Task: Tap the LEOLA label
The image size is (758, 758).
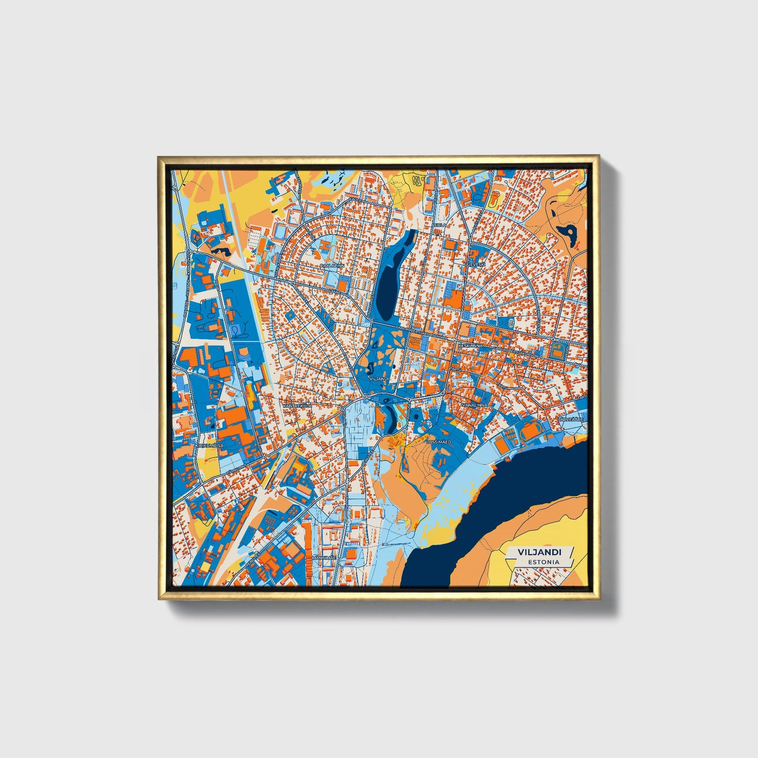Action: (x=439, y=225)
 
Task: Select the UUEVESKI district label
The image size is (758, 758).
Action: (x=475, y=264)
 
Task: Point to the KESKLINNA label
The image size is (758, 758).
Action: (x=467, y=346)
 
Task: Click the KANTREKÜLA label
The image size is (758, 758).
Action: (x=297, y=405)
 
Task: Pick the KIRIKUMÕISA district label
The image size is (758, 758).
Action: (x=209, y=445)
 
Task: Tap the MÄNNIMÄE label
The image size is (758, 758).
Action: (x=323, y=557)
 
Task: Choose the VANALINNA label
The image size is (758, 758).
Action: (x=475, y=405)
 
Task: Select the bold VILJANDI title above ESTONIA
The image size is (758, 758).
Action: (x=539, y=552)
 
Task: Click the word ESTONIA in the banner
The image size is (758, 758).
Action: (x=543, y=562)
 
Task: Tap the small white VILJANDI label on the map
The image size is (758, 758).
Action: (x=379, y=378)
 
